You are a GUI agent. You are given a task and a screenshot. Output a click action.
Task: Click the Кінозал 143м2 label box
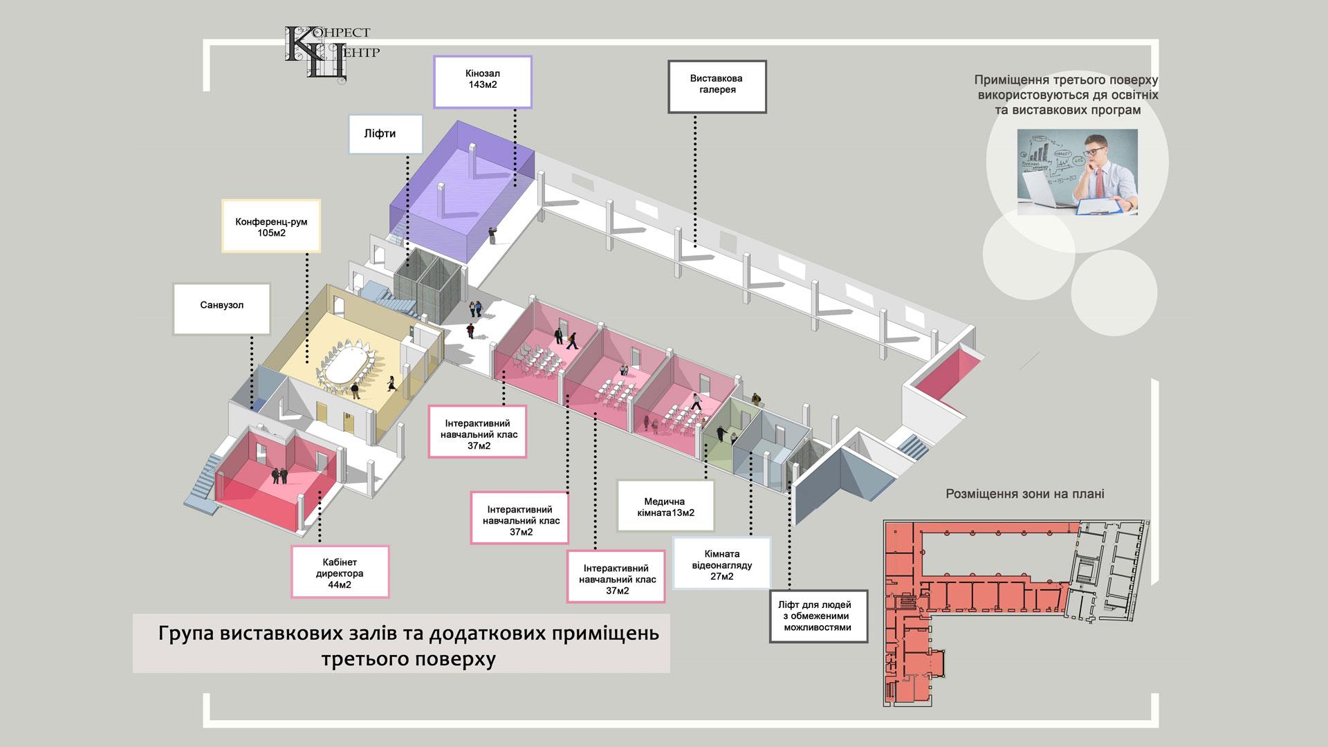pos(482,82)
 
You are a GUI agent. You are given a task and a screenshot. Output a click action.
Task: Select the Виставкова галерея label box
pos(717,86)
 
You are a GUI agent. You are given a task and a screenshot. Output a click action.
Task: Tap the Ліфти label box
pos(385,133)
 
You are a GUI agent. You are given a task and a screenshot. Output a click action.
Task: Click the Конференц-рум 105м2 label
pos(270,226)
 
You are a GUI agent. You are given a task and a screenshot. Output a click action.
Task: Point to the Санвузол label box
pos(221,308)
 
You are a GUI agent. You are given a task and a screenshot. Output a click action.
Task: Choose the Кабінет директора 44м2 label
pos(340,572)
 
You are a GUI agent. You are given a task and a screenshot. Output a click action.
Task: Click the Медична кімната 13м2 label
pos(665,506)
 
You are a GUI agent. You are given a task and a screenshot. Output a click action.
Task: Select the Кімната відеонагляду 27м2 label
pos(721,564)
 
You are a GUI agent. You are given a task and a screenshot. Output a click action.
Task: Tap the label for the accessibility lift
pos(818,615)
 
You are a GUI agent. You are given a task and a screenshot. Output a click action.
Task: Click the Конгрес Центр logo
pos(331,53)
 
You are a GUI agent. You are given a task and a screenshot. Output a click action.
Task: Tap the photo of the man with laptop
pos(1076,172)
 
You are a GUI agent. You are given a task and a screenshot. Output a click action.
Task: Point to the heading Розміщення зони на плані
pos(1024,494)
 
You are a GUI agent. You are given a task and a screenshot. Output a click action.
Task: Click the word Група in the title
pos(185,633)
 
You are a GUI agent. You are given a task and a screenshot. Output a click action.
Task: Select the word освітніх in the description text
pos(1134,95)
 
